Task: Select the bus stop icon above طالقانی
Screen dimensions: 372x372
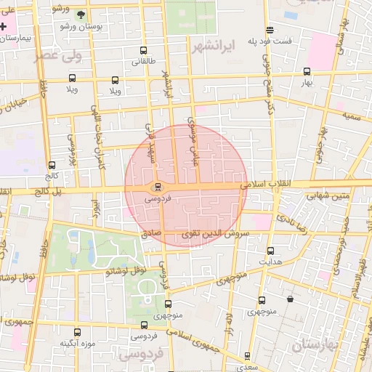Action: [142, 52]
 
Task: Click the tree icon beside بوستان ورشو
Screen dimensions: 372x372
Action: [81, 15]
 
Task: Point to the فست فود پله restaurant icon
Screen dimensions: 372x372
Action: [270, 31]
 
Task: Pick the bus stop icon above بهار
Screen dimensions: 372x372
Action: [307, 71]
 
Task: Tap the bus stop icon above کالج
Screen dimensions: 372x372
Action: [51, 165]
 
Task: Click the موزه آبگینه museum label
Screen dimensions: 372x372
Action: [75, 342]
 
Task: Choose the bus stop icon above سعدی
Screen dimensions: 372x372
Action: [247, 356]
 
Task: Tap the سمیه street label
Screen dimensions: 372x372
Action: [352, 116]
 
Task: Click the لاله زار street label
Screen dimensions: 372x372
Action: [229, 320]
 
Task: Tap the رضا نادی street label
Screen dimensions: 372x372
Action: [299, 222]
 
